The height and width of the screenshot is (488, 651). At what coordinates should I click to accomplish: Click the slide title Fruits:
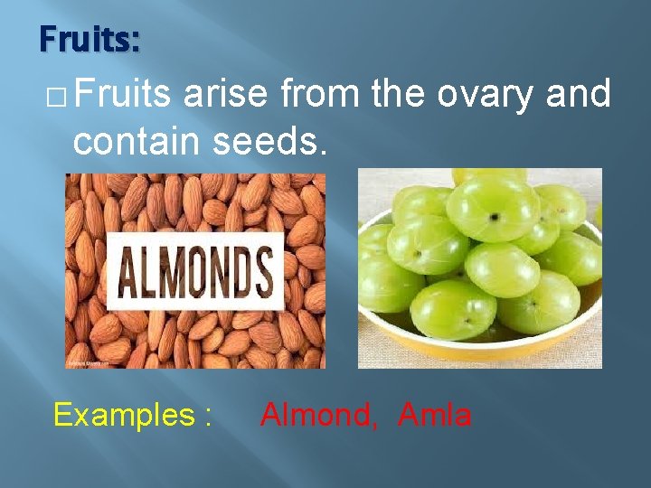[x=89, y=41]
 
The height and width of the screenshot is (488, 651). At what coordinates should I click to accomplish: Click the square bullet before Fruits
[x=56, y=96]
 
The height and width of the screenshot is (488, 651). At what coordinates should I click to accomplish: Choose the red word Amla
[x=434, y=415]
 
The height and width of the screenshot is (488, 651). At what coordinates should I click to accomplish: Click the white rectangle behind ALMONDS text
[x=195, y=239]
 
